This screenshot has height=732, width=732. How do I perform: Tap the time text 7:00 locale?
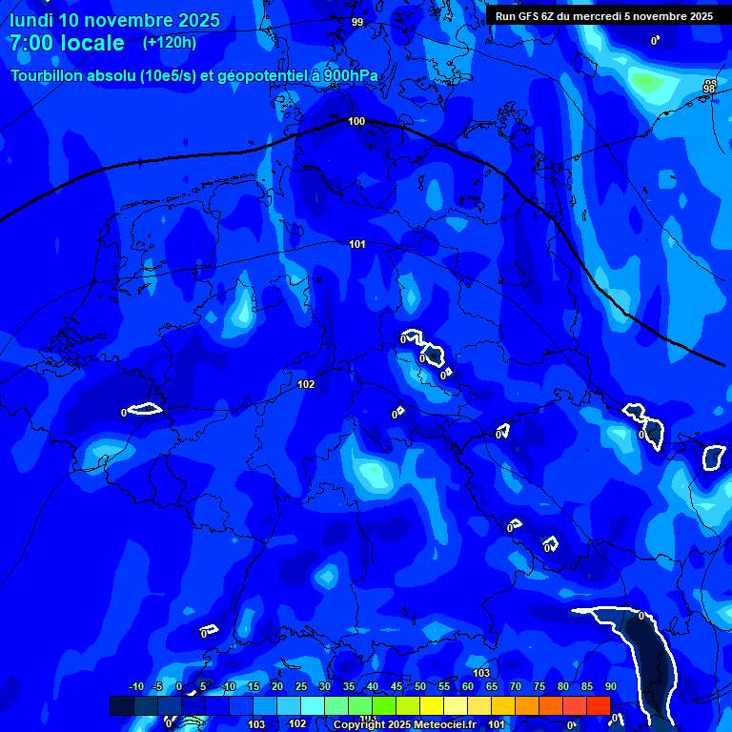[x=67, y=44]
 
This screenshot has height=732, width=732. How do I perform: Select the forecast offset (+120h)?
[x=170, y=43]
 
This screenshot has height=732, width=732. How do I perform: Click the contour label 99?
[x=357, y=22]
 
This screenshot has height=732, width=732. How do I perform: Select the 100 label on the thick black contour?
[x=356, y=121]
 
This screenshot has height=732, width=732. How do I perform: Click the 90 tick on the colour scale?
[x=610, y=687]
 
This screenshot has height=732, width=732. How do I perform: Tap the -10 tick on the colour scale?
[x=135, y=687]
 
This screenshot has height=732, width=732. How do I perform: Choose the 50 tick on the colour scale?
[x=419, y=687]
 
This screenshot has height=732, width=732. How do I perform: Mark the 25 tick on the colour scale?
[x=300, y=687]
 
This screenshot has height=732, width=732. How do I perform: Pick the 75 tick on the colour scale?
[x=539, y=687]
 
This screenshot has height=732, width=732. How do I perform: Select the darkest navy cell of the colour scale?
[x=122, y=705]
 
